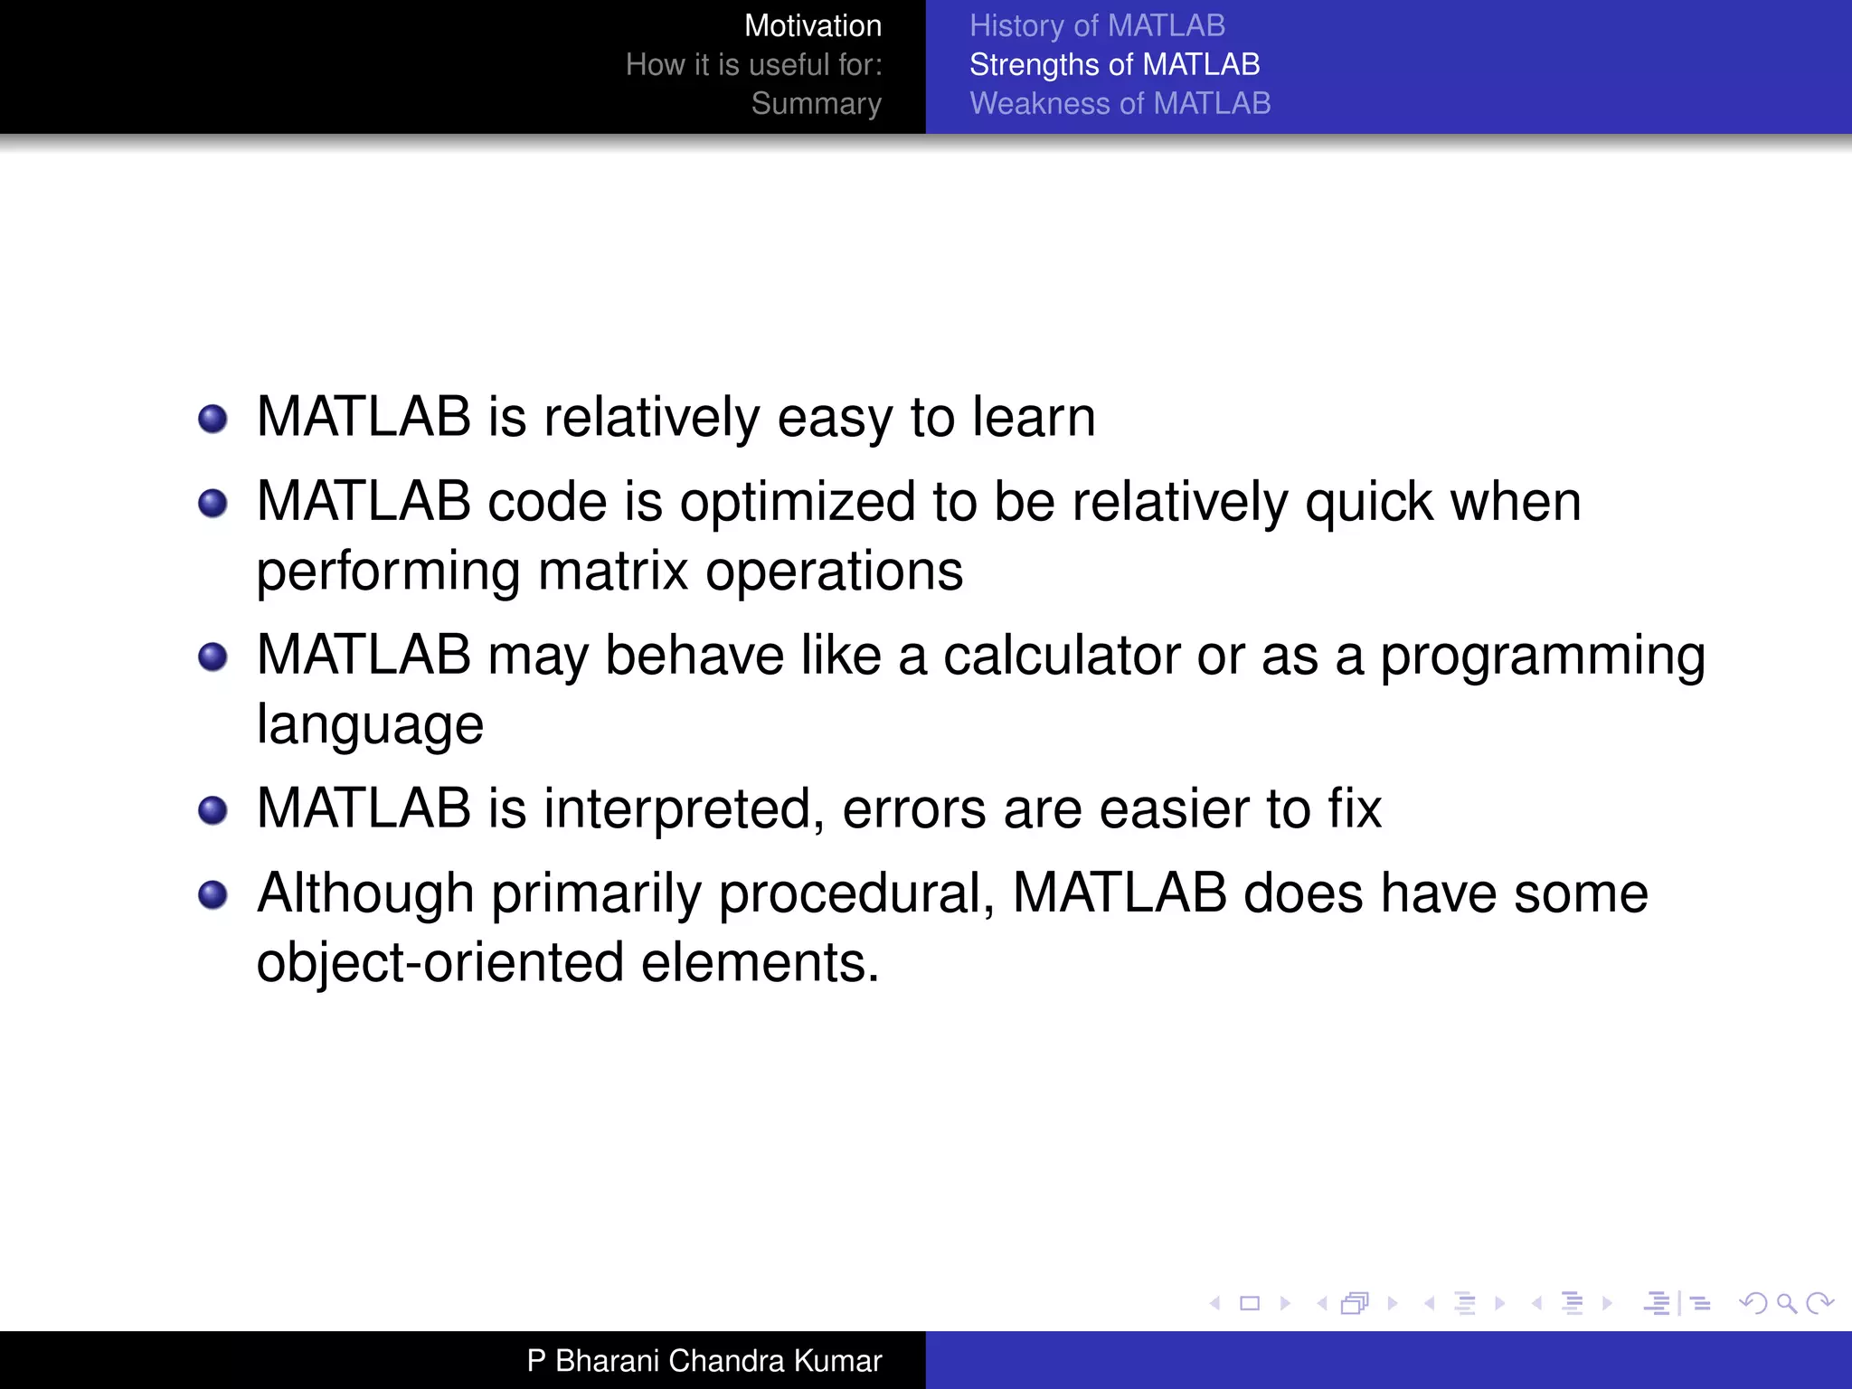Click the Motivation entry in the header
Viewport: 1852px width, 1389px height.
(812, 26)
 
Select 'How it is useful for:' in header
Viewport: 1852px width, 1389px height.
(753, 65)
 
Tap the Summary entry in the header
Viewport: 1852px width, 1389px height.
(816, 104)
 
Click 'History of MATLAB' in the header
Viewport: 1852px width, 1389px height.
(1097, 26)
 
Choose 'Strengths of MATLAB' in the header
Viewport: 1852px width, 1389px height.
(1114, 65)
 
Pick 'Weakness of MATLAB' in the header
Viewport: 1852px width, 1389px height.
(1120, 104)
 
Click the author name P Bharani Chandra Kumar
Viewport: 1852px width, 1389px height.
(704, 1360)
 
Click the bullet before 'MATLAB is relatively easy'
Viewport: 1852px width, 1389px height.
(213, 419)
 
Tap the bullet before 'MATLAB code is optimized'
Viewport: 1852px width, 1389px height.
(213, 504)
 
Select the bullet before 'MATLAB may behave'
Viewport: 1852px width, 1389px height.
(213, 657)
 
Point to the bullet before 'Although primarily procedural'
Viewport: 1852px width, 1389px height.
(213, 895)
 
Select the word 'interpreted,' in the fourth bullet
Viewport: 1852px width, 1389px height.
(684, 808)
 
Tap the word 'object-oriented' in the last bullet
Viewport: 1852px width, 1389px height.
(439, 962)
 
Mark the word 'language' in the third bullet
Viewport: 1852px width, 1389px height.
(370, 725)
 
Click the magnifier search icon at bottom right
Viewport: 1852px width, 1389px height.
(1786, 1303)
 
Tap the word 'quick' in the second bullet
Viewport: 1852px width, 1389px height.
(1369, 503)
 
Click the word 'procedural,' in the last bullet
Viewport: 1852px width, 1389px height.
(856, 894)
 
